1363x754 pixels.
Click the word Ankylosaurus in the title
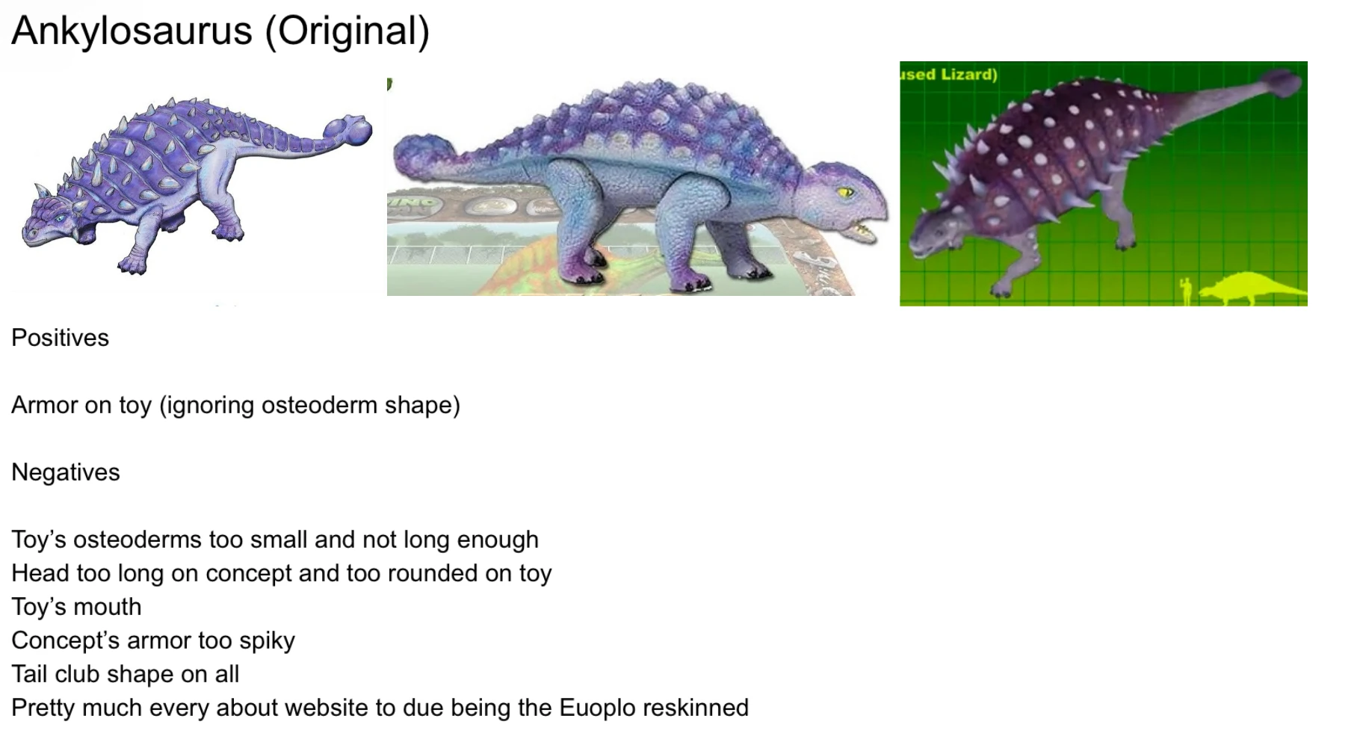coord(132,31)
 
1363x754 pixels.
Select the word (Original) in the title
coord(347,31)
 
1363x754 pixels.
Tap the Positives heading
coord(60,338)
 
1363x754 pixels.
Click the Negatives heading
coord(66,472)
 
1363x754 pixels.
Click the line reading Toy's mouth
coord(76,607)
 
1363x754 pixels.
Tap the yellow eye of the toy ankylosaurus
coord(846,192)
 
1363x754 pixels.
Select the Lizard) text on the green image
coord(969,74)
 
